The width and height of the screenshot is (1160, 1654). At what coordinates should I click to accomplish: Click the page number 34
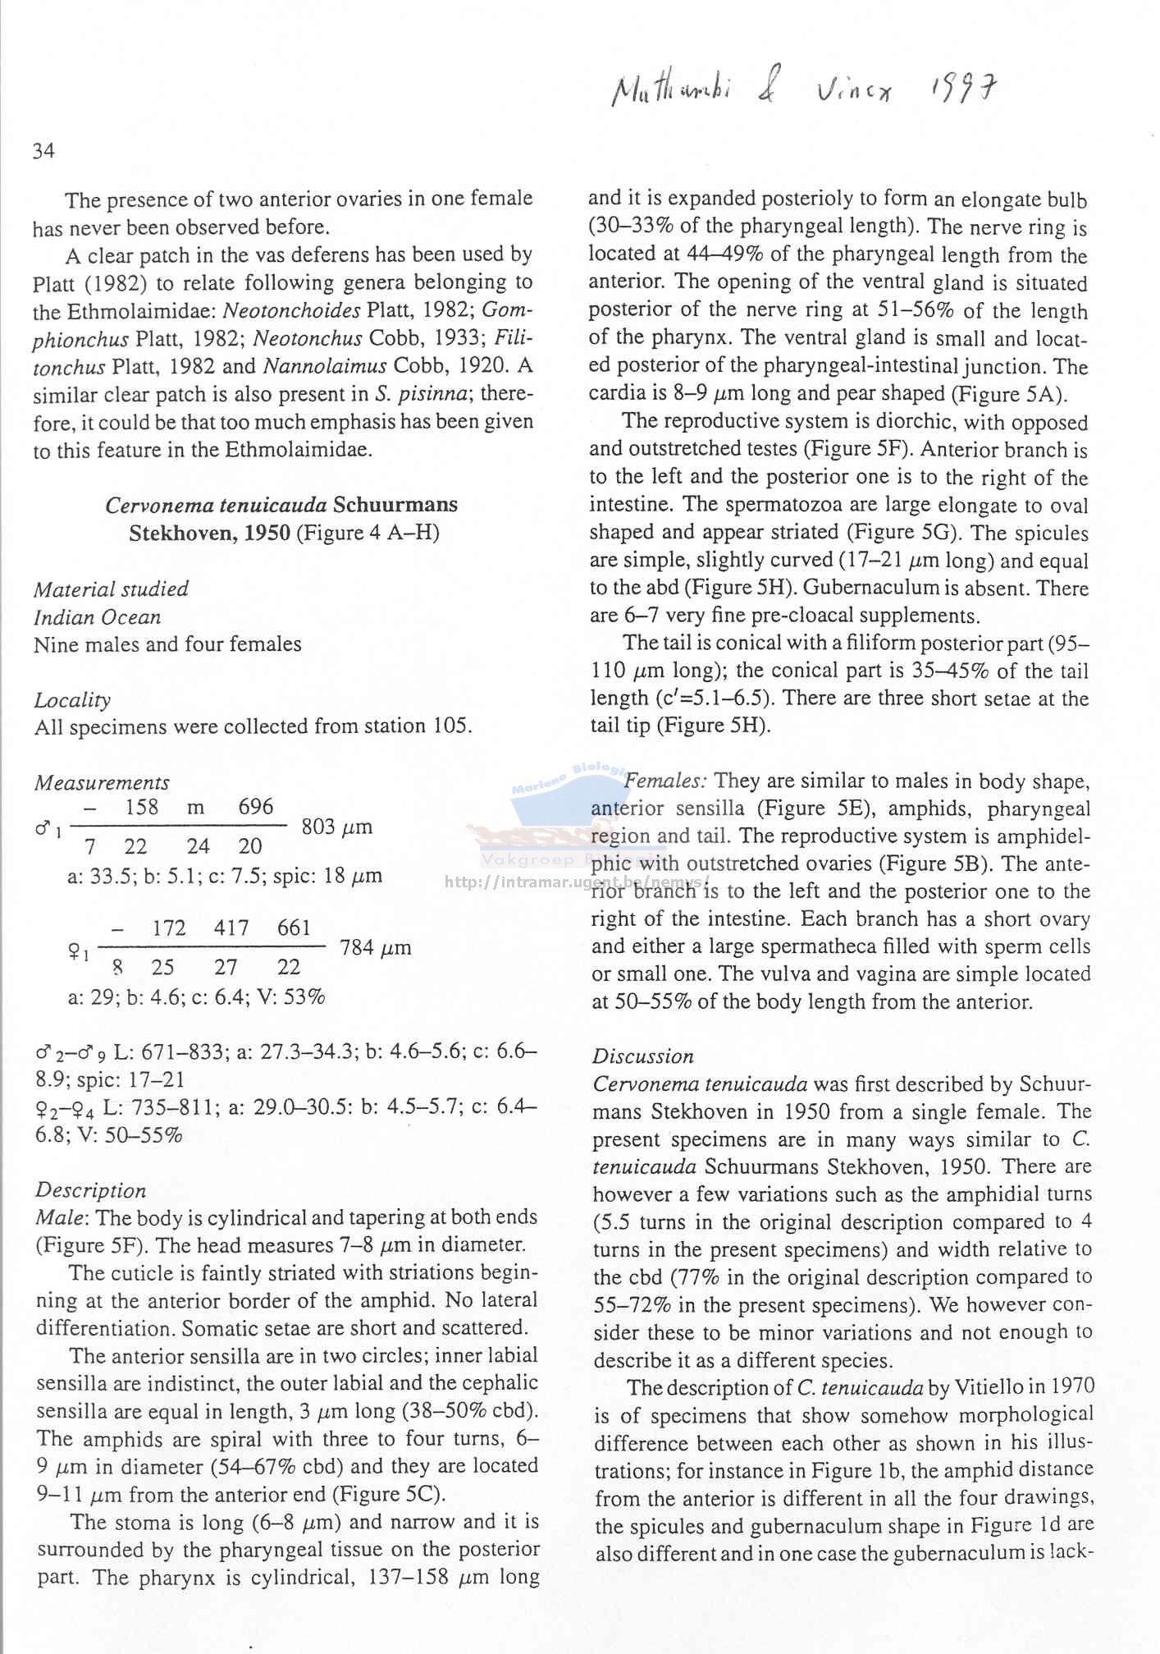[43, 151]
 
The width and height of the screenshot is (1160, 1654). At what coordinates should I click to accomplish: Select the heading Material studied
[111, 589]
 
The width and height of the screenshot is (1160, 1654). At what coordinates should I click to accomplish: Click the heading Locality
[72, 699]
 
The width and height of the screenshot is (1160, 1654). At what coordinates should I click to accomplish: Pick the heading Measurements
[102, 782]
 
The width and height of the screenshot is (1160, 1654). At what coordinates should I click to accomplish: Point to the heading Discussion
[643, 1056]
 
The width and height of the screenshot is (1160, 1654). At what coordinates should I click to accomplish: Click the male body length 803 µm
[336, 827]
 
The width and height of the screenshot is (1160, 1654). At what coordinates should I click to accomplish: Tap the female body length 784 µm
[375, 949]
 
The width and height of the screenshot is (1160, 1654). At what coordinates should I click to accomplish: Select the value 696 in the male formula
[255, 807]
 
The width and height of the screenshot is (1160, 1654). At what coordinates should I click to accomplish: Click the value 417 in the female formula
[231, 928]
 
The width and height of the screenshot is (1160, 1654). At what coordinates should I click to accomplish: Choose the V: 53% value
[293, 998]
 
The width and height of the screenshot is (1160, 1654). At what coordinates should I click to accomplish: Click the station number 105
[450, 726]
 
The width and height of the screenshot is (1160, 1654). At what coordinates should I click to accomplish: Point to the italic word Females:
[666, 781]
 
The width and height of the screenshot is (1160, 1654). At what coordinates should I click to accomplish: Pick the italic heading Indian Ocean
[97, 616]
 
